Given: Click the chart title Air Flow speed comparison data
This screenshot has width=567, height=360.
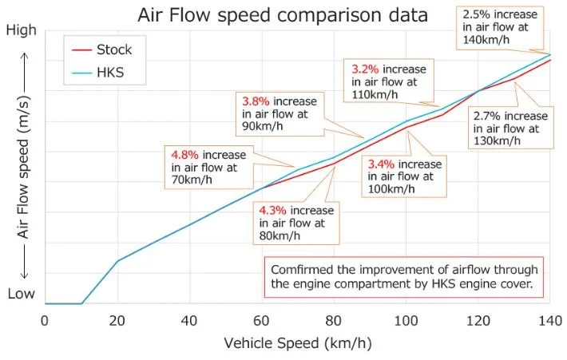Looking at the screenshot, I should click(282, 15).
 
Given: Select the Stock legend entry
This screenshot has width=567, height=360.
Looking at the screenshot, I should click(113, 49).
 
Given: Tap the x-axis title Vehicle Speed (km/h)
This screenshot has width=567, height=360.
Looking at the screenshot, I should click(297, 344).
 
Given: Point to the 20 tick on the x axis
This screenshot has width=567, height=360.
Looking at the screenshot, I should click(117, 320).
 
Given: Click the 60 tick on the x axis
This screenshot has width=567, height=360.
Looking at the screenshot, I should click(261, 320).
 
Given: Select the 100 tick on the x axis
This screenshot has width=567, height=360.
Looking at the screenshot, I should click(406, 320).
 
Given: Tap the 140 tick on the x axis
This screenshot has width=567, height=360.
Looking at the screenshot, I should click(549, 320).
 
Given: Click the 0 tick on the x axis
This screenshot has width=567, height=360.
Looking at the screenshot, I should click(45, 320).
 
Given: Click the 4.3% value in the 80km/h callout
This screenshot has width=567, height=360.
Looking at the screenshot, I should click(272, 210).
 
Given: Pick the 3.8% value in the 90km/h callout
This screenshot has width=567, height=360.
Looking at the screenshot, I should click(256, 101).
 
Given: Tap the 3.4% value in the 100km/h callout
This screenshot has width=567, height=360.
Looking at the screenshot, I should click(381, 164).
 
